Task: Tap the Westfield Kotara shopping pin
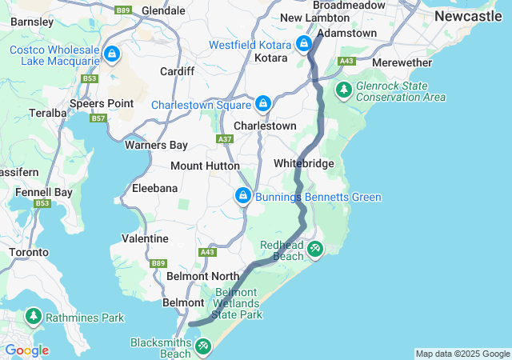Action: click(304, 44)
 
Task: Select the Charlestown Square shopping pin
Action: click(263, 104)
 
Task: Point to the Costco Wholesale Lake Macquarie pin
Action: click(112, 54)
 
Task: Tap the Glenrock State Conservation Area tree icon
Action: click(344, 90)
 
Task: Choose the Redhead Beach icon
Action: click(315, 250)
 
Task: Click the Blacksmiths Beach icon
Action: click(203, 346)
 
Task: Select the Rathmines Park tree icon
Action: click(34, 317)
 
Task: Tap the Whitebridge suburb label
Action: click(303, 163)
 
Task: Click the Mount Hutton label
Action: click(205, 166)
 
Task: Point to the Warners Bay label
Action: click(156, 145)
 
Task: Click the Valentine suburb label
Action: click(145, 238)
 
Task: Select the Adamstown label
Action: click(347, 34)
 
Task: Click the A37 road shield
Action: click(225, 139)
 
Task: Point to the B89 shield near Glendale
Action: click(122, 10)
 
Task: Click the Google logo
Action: click(26, 350)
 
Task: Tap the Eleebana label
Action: click(155, 188)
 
